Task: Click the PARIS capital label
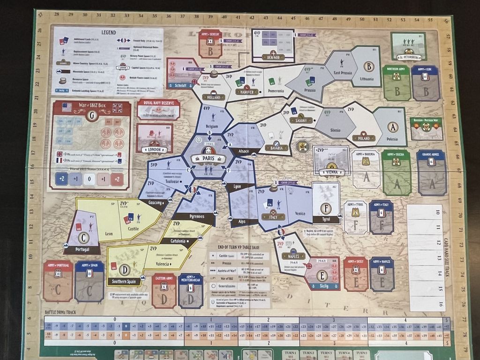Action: pos(208,158)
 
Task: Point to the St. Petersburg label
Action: pos(410,58)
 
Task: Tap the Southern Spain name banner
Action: pos(123,282)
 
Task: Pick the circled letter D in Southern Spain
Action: pos(124,270)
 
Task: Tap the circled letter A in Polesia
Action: pos(392,127)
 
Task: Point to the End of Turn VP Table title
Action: pos(239,248)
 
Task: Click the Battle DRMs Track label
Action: pos(61,312)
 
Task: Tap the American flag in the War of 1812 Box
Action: pos(67,107)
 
